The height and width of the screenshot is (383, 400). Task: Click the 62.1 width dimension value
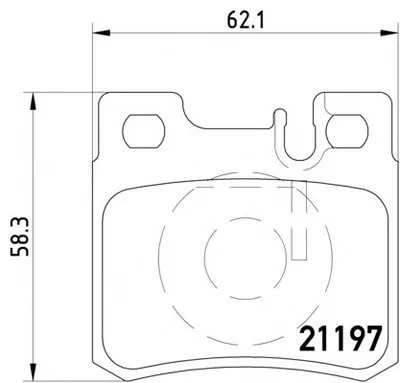245,20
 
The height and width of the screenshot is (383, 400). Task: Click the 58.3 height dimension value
20,237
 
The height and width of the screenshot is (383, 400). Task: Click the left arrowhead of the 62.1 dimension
101,33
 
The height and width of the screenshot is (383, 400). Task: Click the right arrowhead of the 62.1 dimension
389,33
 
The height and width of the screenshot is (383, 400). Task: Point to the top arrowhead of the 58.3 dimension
32,101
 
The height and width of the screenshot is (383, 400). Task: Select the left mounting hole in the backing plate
144,131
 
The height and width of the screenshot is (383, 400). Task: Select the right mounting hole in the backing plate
347,131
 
